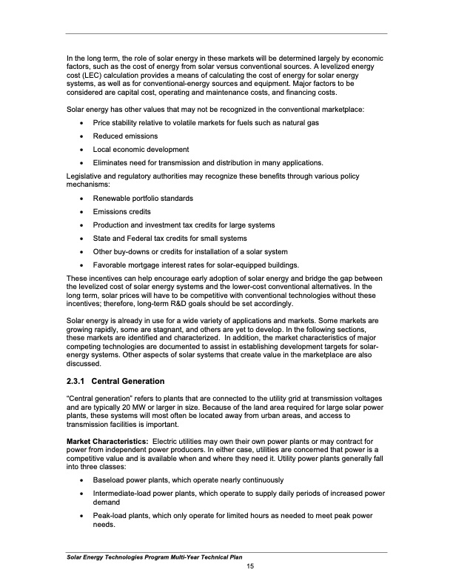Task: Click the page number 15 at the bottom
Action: point(249,567)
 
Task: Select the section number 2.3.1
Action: point(78,381)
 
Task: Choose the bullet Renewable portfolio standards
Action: point(143,198)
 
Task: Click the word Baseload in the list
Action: point(109,480)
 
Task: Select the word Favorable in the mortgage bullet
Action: point(110,265)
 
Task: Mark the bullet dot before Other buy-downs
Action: point(80,252)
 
